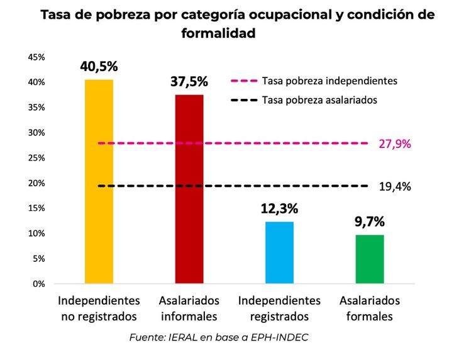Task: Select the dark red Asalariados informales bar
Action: [189, 189]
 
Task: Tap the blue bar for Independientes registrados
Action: [279, 252]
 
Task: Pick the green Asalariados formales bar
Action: [370, 259]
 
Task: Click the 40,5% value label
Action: [99, 67]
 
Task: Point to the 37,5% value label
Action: [189, 82]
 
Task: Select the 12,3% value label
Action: [279, 208]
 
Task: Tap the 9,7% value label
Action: [370, 222]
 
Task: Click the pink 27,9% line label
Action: [395, 143]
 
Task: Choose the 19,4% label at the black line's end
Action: [395, 186]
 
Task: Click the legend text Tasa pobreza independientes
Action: [329, 81]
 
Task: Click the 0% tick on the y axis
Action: [39, 284]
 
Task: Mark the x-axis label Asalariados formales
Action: [370, 308]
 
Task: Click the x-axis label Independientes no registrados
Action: [99, 308]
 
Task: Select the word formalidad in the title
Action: [218, 33]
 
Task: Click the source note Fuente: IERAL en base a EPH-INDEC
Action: [219, 337]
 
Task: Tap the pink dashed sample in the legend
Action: [243, 81]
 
